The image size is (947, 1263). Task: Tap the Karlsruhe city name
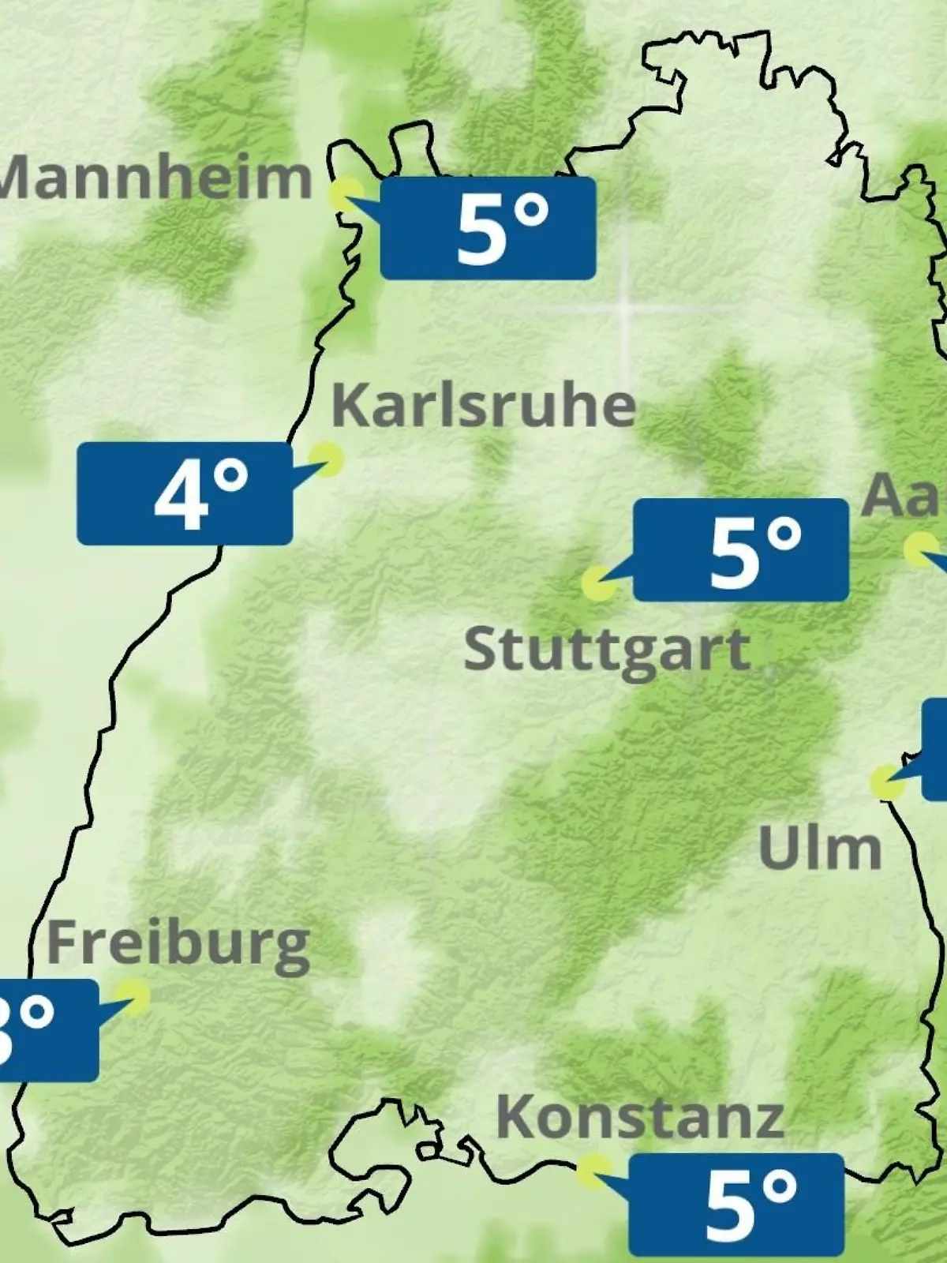coord(484,405)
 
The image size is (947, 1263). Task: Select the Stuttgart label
coord(606,650)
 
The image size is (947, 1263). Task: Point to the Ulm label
coord(820,848)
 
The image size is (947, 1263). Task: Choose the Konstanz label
coord(640,1116)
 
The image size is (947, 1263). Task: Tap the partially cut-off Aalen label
coord(904,496)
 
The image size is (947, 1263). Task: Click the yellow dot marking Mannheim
coord(346,193)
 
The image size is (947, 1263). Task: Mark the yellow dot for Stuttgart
coord(599,583)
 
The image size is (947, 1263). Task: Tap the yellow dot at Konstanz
coord(593,1171)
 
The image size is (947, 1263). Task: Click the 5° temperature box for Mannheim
coord(488,228)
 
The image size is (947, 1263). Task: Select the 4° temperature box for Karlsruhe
coord(185,493)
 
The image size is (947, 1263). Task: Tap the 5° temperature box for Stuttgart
coord(741,549)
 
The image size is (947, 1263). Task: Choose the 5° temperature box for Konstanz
coord(736,1205)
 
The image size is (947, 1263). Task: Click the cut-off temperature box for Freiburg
coord(47,1030)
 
